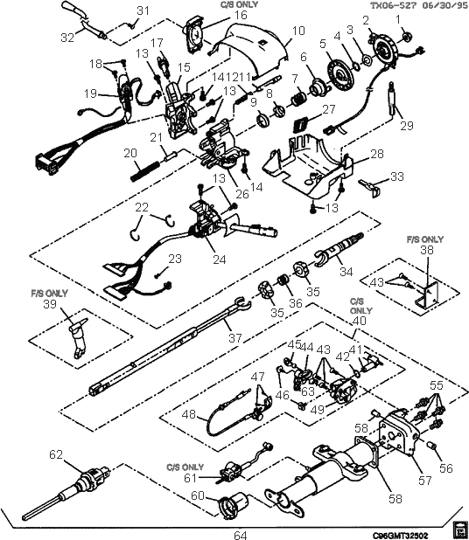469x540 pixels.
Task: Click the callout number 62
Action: (x=56, y=453)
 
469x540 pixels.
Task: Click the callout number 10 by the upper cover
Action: (x=298, y=31)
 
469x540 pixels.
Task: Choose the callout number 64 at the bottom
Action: (x=239, y=534)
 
